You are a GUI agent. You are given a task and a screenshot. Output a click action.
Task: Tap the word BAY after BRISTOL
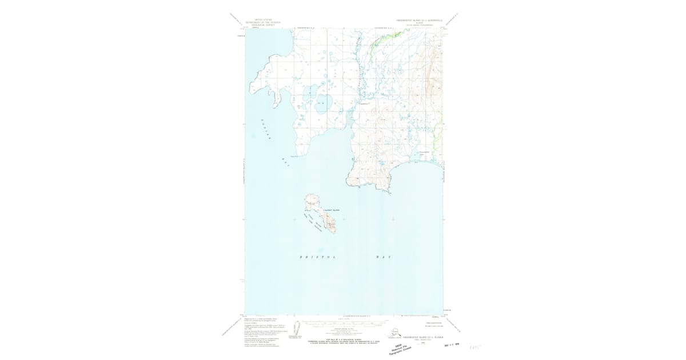383,257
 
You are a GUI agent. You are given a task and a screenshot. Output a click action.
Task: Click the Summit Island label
332,210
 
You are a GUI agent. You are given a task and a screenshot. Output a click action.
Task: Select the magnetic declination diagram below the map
297,330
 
